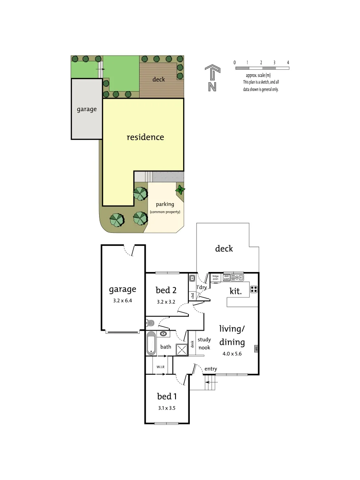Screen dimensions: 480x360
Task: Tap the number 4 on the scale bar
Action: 288,63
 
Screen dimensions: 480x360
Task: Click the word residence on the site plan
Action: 145,137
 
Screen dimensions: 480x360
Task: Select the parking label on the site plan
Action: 165,204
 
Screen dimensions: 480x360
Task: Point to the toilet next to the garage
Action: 150,323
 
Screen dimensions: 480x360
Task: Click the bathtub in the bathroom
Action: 151,344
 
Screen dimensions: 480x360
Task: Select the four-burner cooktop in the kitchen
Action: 254,289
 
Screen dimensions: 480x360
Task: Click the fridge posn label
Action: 216,277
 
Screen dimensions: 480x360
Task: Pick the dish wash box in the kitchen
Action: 226,277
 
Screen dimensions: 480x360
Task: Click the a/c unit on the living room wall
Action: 256,349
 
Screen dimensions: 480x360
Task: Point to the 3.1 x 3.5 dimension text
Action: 167,408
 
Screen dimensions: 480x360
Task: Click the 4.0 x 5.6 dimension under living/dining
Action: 232,354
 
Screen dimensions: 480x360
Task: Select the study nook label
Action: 204,344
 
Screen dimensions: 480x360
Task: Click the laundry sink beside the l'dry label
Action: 192,279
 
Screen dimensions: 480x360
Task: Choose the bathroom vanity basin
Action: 164,334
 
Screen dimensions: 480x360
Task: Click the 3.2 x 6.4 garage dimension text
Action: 122,301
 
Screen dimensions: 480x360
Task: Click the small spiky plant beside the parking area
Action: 180,190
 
